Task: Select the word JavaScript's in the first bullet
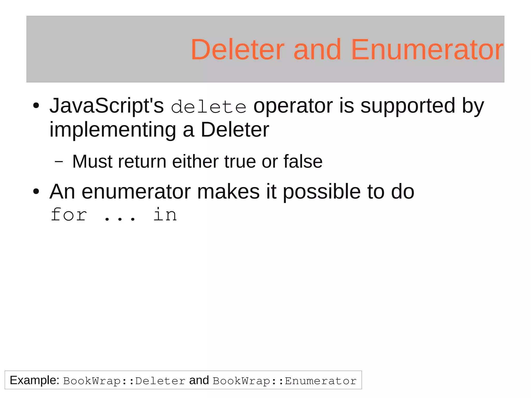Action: point(107,106)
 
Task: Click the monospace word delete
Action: point(209,107)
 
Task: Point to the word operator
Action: point(293,106)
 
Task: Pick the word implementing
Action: point(113,130)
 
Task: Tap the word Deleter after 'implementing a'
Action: point(235,130)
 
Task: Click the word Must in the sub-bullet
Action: point(92,162)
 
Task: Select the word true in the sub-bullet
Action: point(240,162)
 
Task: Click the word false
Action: point(303,162)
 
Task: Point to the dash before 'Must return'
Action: point(59,162)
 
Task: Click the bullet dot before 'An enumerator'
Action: point(36,192)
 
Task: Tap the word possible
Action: point(322,192)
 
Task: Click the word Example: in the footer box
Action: point(34,380)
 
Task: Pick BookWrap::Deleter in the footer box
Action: point(124,381)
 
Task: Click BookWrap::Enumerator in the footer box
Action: point(284,381)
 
